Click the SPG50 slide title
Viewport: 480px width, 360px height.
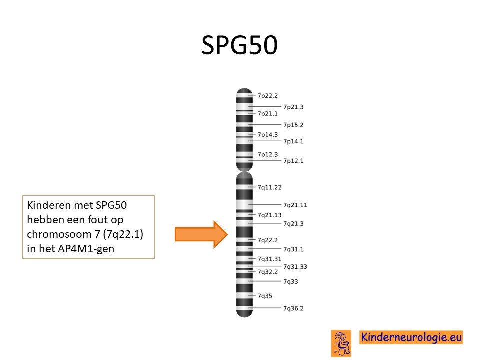point(239,45)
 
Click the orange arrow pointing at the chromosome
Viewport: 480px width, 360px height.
point(201,234)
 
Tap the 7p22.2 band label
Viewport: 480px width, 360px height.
point(268,96)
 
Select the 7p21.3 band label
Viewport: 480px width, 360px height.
point(293,107)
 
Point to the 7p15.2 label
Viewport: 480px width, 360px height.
point(293,125)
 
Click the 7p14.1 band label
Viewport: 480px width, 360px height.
point(293,141)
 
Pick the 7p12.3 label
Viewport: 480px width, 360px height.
point(268,154)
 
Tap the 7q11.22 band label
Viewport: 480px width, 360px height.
point(269,187)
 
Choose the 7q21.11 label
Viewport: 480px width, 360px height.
point(295,205)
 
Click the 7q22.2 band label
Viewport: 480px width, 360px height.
point(268,240)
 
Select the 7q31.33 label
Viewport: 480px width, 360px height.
point(295,267)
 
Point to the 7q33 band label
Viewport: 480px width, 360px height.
point(291,281)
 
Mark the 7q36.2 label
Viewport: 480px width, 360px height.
point(293,308)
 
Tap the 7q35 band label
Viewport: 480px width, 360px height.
point(265,296)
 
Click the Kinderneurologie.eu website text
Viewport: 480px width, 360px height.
point(411,337)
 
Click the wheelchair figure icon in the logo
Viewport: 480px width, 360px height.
point(341,343)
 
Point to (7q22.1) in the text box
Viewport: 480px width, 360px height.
point(123,234)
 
